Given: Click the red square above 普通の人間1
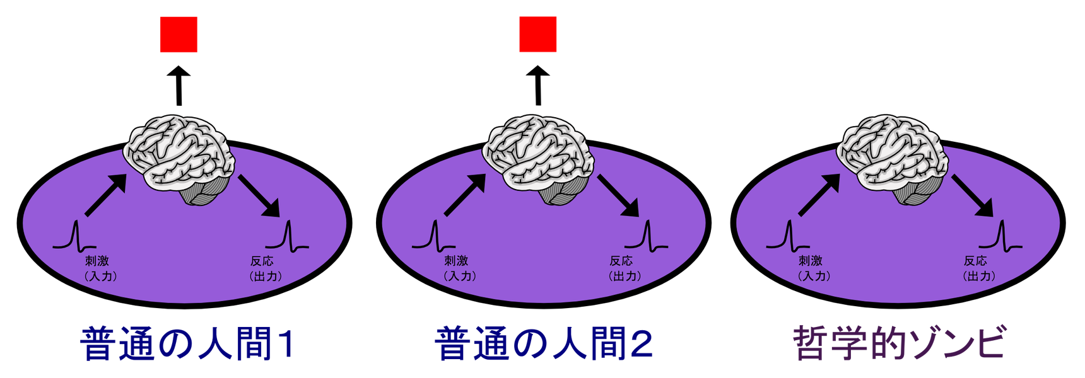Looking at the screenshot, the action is pyautogui.click(x=179, y=34).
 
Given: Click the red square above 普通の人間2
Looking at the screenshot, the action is pyautogui.click(x=537, y=34).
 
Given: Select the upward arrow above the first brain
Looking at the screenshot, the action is pyautogui.click(x=179, y=85).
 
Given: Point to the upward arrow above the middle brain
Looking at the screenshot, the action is pyautogui.click(x=537, y=85).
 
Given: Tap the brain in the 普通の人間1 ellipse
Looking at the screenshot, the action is pyautogui.click(x=179, y=159).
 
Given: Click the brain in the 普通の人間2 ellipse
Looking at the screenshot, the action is pyautogui.click(x=538, y=159).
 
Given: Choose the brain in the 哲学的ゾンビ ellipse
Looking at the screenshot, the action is pyautogui.click(x=893, y=159).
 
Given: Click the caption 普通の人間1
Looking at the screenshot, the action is pyautogui.click(x=188, y=344).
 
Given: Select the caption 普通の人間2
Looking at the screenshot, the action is pyautogui.click(x=544, y=344).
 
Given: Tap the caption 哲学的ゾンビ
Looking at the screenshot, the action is pyautogui.click(x=900, y=343).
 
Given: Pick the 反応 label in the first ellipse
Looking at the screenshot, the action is pyautogui.click(x=262, y=261).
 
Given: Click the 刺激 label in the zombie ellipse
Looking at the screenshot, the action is pyautogui.click(x=811, y=261).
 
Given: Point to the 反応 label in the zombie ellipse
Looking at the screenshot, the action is pyautogui.click(x=975, y=261).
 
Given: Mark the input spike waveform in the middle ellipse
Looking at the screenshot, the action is pyautogui.click(x=434, y=236).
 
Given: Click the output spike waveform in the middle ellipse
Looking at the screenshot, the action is pyautogui.click(x=647, y=236).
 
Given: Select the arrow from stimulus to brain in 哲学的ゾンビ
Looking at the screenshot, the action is pyautogui.click(x=819, y=195).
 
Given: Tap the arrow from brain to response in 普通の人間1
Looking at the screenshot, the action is pyautogui.click(x=259, y=195).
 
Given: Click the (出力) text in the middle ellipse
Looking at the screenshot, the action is pyautogui.click(x=625, y=276).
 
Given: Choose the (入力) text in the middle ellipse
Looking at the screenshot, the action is pyautogui.click(x=459, y=276).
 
